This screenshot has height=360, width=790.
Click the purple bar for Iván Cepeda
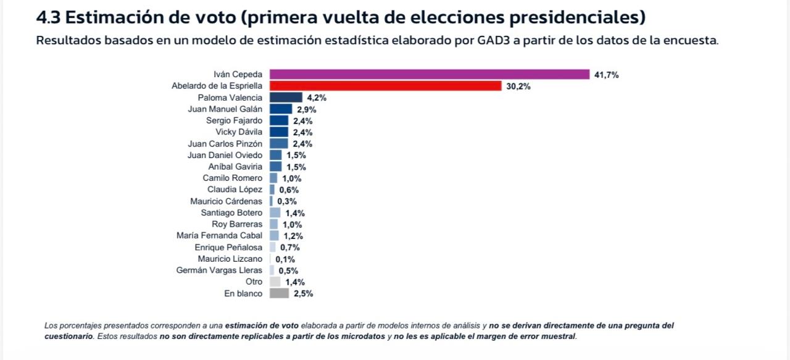click(x=430, y=75)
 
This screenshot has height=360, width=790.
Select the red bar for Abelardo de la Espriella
click(x=385, y=86)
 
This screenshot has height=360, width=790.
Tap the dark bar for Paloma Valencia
click(x=286, y=98)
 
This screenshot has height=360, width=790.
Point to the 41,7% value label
click(x=606, y=75)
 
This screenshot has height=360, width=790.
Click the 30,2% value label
click(x=518, y=86)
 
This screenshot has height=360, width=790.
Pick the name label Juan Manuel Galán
click(x=225, y=109)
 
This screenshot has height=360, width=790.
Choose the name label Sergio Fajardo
click(x=234, y=120)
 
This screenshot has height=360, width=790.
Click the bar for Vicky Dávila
click(x=278, y=132)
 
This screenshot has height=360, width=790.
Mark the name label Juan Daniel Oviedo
click(x=225, y=155)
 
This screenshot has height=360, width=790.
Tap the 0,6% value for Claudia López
click(x=288, y=190)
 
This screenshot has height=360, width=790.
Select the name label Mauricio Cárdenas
click(x=226, y=201)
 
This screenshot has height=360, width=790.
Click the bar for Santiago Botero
click(x=275, y=212)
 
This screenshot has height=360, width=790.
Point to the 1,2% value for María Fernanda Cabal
click(x=293, y=236)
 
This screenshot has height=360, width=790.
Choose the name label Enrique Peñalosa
click(x=228, y=248)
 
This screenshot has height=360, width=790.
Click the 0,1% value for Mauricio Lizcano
click(x=285, y=259)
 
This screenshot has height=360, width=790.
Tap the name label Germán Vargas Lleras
click(x=219, y=270)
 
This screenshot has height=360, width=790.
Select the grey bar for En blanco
click(x=279, y=293)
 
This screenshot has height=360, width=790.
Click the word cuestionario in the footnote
click(x=69, y=337)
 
